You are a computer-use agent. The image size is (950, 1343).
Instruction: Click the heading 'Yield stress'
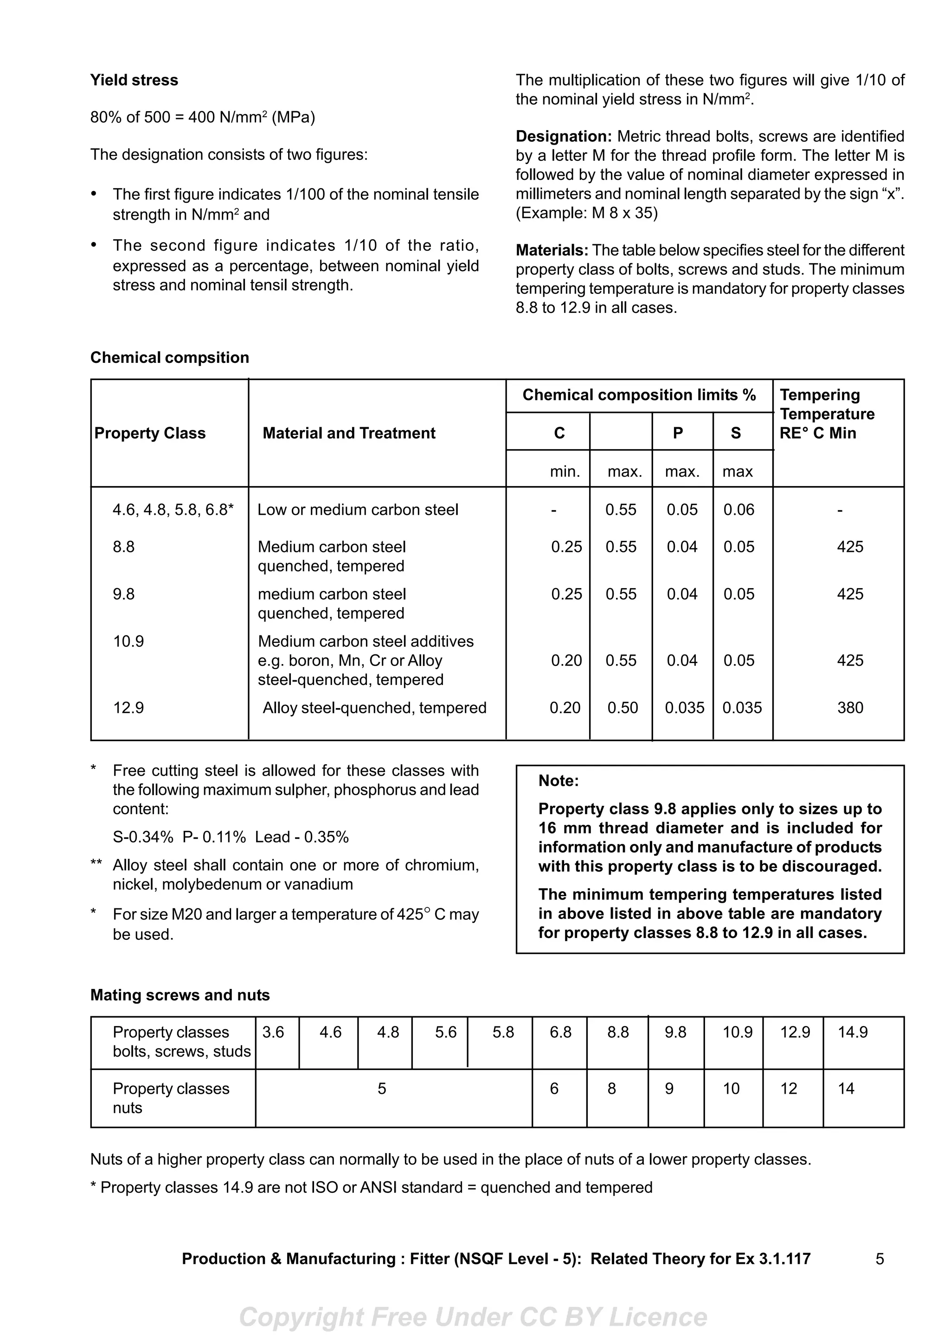[x=134, y=80]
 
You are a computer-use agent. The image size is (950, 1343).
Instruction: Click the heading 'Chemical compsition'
[x=170, y=357]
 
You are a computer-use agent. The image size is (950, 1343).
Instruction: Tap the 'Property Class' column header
[x=150, y=433]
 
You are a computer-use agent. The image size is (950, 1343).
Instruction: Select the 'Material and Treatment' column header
[x=349, y=433]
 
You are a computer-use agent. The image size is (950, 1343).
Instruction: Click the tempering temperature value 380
[x=850, y=708]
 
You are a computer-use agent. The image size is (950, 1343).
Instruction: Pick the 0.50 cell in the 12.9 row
[x=622, y=708]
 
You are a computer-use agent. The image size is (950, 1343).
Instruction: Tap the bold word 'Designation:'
[x=563, y=136]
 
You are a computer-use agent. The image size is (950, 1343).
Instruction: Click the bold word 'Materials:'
[x=552, y=250]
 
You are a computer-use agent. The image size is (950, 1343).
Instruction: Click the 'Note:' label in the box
[x=558, y=781]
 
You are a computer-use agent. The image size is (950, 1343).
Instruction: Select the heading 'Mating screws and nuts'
[x=180, y=995]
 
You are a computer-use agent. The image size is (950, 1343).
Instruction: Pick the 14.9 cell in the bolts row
[x=852, y=1033]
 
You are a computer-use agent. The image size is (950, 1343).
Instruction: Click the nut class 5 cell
[x=382, y=1089]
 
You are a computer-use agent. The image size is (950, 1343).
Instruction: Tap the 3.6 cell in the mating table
[x=273, y=1033]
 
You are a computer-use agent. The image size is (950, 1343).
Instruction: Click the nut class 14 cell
[x=846, y=1089]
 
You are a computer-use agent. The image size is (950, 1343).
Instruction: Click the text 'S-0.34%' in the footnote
[x=143, y=837]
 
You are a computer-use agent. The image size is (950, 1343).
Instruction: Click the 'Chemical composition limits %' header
[x=639, y=395]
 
